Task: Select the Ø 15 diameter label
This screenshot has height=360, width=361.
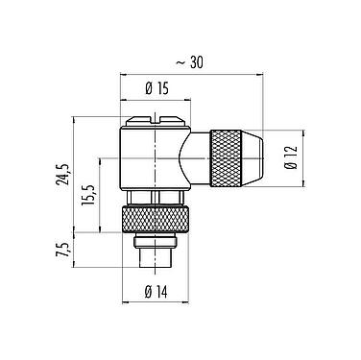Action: point(157,89)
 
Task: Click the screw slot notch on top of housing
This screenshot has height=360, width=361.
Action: point(157,123)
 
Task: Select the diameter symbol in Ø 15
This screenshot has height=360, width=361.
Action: point(149,89)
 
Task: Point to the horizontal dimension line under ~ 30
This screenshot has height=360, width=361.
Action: point(193,74)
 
